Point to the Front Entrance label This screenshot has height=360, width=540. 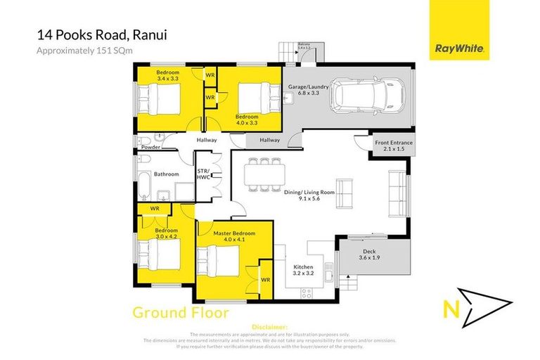coord(393,146)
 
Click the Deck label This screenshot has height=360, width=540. coord(368,255)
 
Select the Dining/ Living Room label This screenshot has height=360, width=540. coord(314,195)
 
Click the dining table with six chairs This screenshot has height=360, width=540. coord(263,175)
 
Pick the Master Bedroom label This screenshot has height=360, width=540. coord(234,236)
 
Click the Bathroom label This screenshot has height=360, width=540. coord(167,174)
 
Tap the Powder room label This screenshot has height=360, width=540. coord(150,148)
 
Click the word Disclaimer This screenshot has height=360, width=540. coord(269,327)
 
